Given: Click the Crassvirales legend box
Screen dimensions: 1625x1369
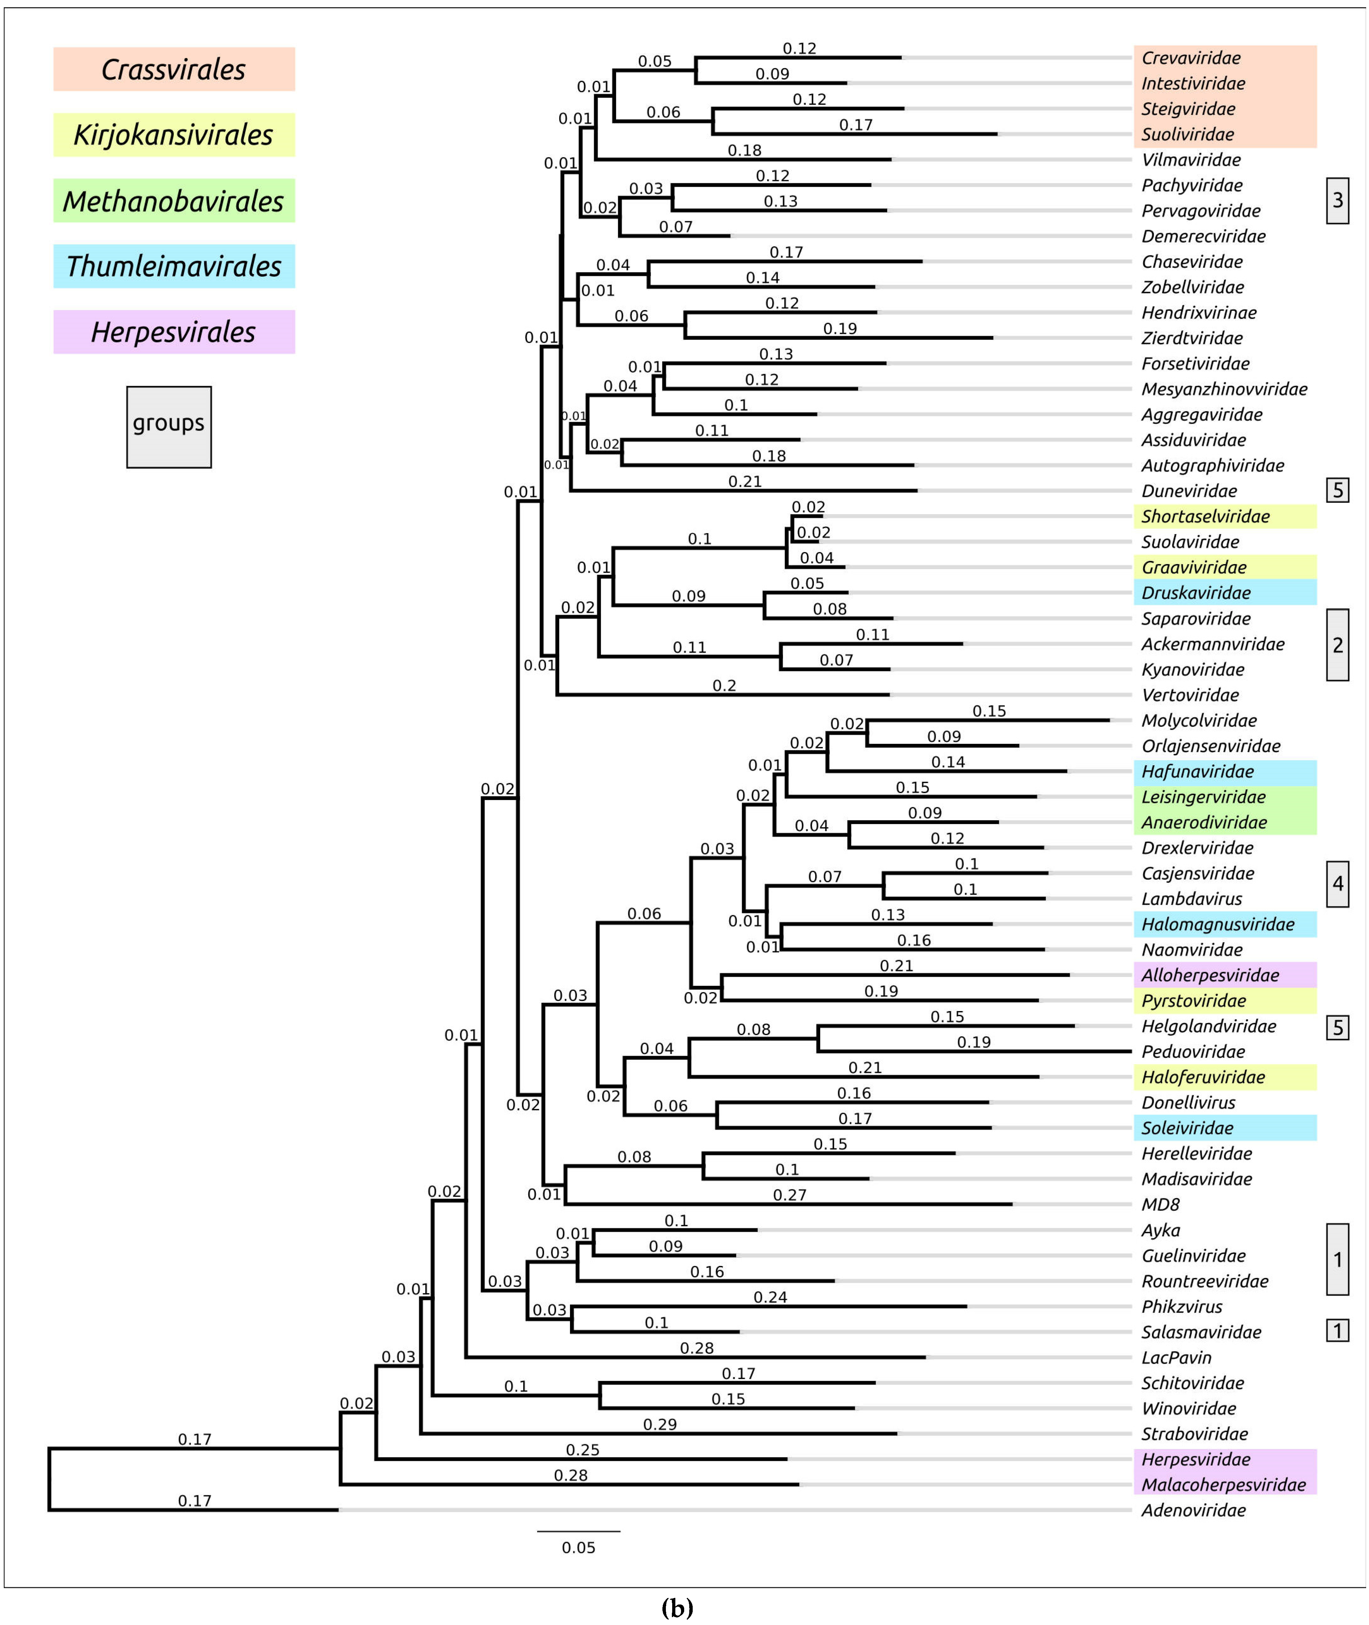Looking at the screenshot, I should point(174,69).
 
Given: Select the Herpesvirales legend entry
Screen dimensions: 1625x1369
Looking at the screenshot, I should point(174,332).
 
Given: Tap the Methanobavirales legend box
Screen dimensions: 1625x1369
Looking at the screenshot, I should point(174,201).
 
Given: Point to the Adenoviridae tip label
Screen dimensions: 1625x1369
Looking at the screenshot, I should point(1193,1510).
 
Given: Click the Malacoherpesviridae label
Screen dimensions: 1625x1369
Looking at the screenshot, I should point(1223,1485).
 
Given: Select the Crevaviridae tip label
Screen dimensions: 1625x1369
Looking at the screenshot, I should point(1190,57).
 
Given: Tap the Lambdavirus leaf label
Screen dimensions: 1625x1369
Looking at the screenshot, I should point(1191,898).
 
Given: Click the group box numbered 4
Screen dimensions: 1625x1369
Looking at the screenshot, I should point(1337,883).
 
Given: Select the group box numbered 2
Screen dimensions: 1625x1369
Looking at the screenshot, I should point(1337,645).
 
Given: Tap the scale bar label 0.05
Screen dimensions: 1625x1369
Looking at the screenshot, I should point(578,1547).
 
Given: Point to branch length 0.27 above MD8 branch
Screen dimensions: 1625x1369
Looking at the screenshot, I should point(789,1194).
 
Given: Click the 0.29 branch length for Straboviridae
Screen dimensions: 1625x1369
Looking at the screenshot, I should point(660,1424).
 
